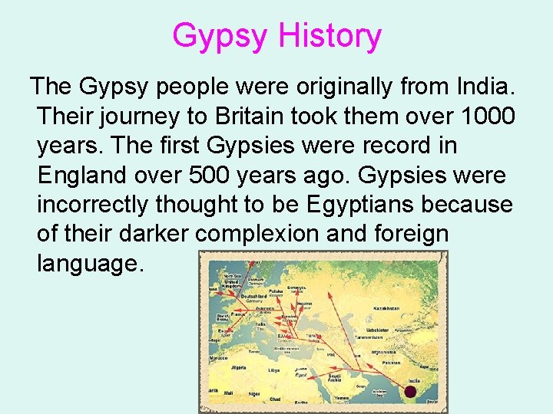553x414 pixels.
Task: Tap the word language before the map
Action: [90, 262]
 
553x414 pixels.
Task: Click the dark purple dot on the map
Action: [410, 392]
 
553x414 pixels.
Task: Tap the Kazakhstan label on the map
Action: [386, 308]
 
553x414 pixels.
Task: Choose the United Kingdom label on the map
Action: [233, 283]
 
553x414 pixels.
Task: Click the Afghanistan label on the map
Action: [383, 351]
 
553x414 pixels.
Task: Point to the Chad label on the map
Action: [276, 398]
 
